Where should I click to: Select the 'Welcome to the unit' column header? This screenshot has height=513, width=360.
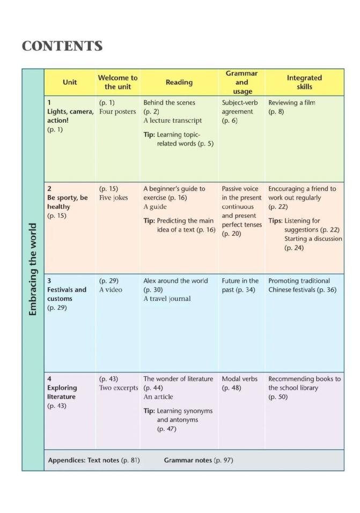click(x=117, y=82)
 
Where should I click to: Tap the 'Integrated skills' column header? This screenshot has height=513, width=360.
click(x=304, y=82)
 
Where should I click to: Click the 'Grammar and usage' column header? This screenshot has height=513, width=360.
click(x=241, y=82)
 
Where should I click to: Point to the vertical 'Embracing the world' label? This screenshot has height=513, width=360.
click(x=33, y=269)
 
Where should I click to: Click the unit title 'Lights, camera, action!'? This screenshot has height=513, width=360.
click(x=70, y=116)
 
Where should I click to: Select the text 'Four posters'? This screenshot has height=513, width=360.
click(x=117, y=111)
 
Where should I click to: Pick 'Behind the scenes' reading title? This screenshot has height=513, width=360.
click(x=169, y=102)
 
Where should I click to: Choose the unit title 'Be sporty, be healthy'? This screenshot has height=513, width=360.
click(x=67, y=202)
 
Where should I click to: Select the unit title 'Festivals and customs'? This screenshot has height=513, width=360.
click(x=67, y=294)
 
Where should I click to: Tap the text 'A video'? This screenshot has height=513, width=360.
click(x=111, y=290)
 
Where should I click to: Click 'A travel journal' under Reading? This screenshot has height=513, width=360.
click(x=167, y=299)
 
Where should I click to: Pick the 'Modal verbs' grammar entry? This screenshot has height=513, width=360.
click(x=240, y=379)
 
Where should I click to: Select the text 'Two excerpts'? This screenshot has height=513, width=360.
click(x=118, y=388)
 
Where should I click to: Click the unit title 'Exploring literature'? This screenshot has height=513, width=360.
click(x=62, y=392)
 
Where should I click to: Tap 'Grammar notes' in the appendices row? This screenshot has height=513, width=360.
click(x=188, y=460)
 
